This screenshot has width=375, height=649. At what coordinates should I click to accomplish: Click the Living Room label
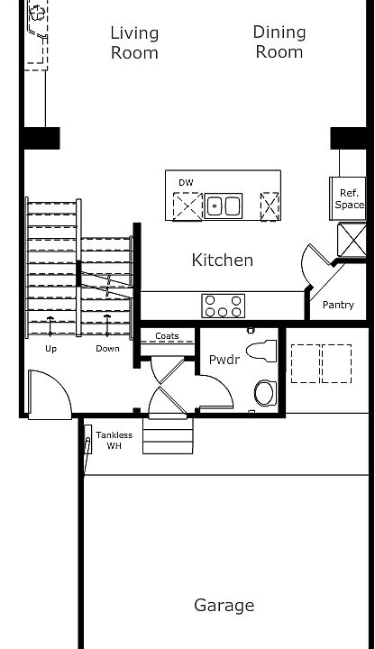134,42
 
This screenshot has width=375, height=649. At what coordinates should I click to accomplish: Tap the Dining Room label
279,41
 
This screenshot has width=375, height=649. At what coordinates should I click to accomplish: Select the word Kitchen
223,261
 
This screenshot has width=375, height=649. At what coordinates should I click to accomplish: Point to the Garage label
224,606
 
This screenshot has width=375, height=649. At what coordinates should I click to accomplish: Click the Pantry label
338,305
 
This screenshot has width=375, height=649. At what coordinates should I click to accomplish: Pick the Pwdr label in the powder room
224,360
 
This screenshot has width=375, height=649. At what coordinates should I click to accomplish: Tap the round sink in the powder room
266,392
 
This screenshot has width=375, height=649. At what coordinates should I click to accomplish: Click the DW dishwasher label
186,183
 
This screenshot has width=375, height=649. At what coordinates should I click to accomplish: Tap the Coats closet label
167,336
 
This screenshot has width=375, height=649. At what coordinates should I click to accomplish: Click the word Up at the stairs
51,348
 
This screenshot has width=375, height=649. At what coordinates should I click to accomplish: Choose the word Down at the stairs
108,348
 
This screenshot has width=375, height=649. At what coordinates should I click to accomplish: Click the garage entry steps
168,437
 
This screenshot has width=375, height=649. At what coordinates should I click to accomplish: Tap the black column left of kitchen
41,138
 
